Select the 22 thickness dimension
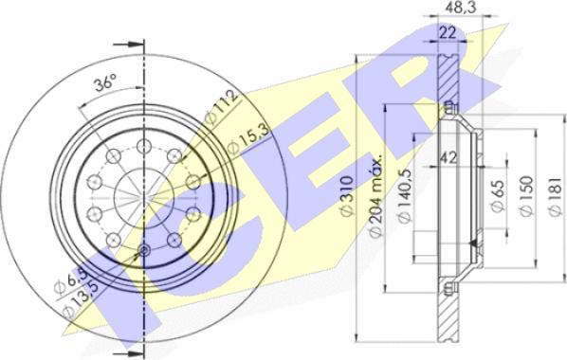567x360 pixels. [448, 33]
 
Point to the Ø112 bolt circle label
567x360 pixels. [222, 107]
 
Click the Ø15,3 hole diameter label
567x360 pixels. [248, 139]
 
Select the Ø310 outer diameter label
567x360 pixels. [346, 196]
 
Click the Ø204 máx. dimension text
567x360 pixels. [376, 197]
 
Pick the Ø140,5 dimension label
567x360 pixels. [405, 196]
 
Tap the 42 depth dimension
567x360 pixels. [448, 157]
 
